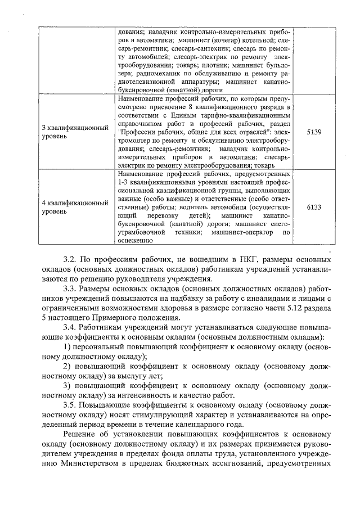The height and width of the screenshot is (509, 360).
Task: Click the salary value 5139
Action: point(315,132)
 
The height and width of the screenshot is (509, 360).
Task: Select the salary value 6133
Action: point(315,207)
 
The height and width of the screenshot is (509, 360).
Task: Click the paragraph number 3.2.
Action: point(70,261)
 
